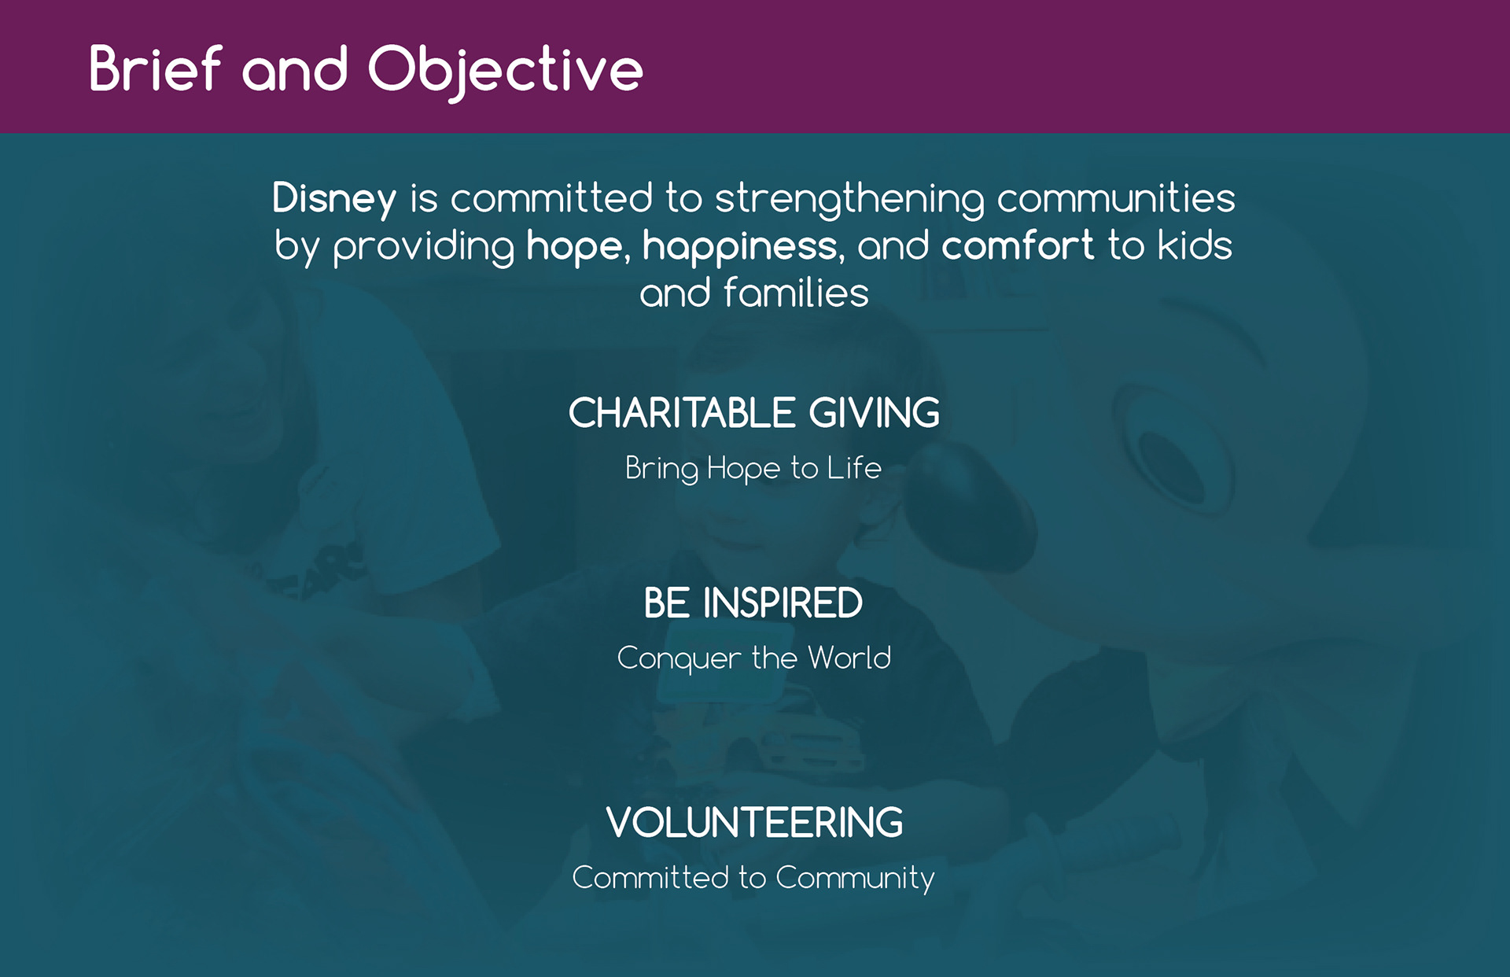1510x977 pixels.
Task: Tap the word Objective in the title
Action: [506, 72]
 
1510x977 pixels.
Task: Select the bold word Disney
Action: [334, 199]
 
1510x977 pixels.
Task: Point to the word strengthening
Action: [849, 199]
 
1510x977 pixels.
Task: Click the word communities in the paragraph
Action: [1117, 197]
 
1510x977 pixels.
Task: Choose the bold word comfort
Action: [1018, 245]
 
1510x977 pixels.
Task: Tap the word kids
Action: [1195, 245]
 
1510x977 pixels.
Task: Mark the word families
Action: [796, 293]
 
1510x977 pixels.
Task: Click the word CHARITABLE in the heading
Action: [683, 413]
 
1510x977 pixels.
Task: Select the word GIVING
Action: [875, 413]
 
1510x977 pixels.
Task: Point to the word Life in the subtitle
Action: [854, 468]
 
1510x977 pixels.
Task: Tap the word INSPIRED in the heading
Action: [783, 603]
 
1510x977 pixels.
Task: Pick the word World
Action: [850, 658]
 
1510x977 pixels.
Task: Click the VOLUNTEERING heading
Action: [755, 823]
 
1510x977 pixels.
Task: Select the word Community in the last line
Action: [856, 879]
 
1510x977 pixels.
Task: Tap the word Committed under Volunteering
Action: [650, 877]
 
